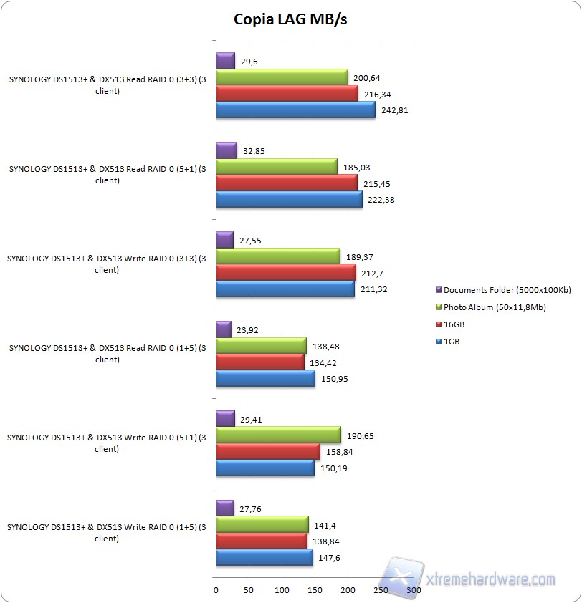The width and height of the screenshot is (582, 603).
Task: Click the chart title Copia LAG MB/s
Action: pyautogui.click(x=290, y=19)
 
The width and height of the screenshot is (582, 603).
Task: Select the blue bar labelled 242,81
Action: pyautogui.click(x=295, y=110)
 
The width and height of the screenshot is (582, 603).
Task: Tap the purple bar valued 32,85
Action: pyautogui.click(x=226, y=150)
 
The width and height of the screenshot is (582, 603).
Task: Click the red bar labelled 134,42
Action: pyautogui.click(x=260, y=362)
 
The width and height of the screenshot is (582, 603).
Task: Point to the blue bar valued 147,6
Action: pyautogui.click(x=264, y=557)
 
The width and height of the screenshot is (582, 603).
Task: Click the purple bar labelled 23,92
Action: pyautogui.click(x=224, y=329)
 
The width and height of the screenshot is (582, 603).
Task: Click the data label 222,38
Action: pyautogui.click(x=380, y=200)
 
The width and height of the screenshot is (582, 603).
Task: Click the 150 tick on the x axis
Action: pyautogui.click(x=315, y=590)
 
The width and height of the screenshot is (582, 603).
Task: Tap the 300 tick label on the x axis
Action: pyautogui.click(x=414, y=590)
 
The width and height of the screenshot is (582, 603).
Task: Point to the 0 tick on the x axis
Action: pyautogui.click(x=216, y=590)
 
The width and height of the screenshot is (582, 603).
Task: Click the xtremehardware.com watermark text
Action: pyautogui.click(x=490, y=579)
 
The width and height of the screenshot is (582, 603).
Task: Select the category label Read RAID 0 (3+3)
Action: pyautogui.click(x=108, y=86)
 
